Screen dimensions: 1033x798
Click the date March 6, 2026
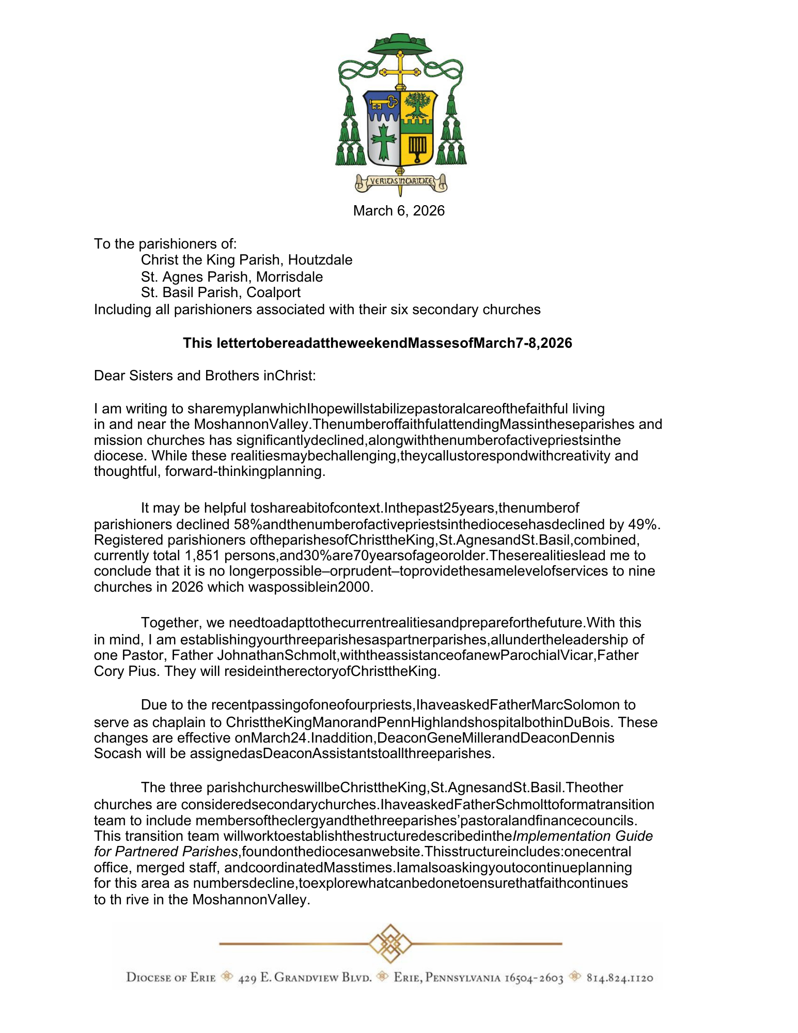(399, 211)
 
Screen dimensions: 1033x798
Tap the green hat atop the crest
(400, 44)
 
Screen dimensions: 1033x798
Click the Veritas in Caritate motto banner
(401, 181)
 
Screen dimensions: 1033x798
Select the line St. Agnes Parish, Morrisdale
(232, 277)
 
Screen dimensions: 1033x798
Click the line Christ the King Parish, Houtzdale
(246, 260)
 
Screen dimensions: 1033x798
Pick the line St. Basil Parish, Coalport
(221, 292)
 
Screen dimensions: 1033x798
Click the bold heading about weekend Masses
(378, 343)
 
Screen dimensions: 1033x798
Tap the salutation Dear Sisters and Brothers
(205, 376)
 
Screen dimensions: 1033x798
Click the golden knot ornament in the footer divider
(390, 944)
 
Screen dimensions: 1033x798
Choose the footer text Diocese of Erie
(171, 978)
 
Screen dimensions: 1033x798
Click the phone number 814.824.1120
(620, 978)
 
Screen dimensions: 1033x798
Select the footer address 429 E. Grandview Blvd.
(305, 978)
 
